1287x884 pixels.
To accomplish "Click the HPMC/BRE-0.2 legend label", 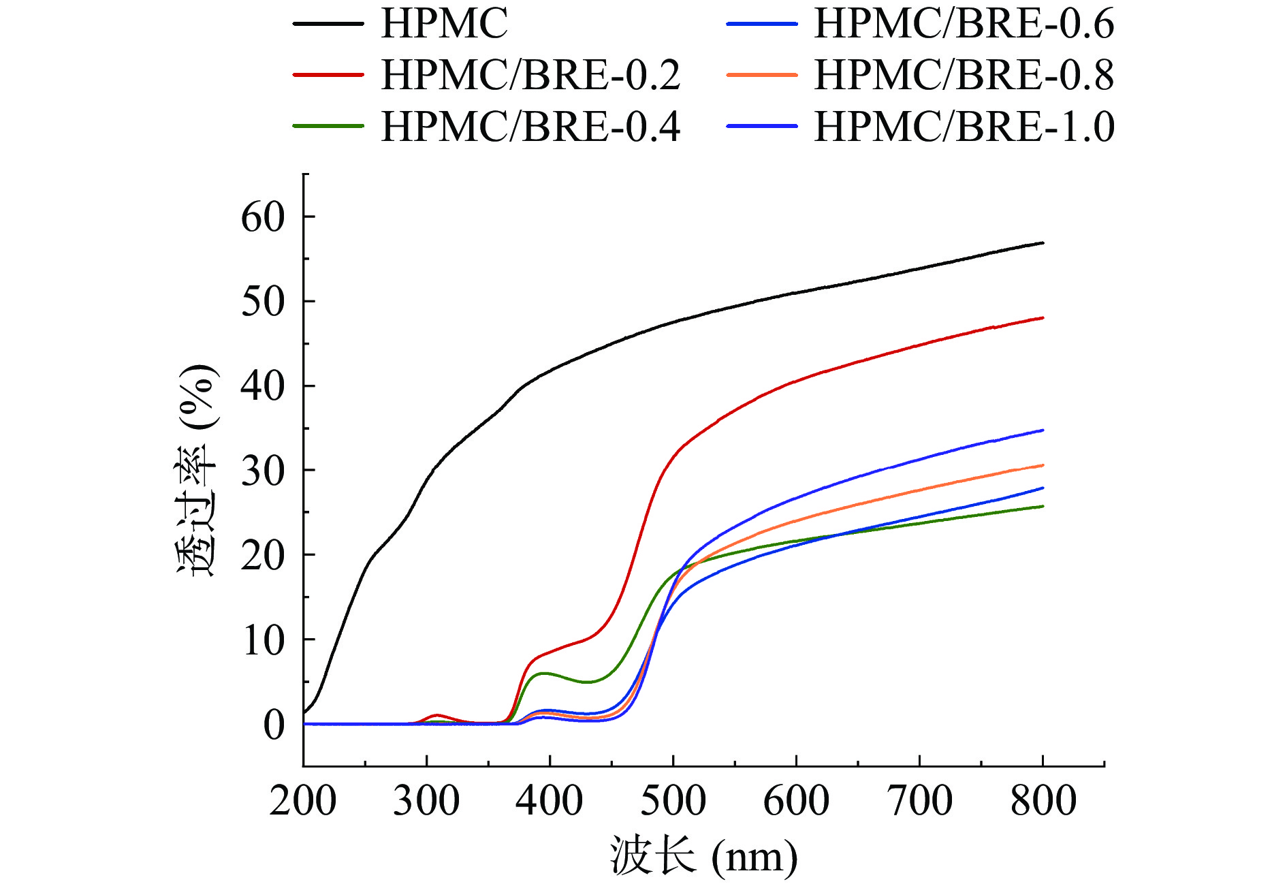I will click(530, 75).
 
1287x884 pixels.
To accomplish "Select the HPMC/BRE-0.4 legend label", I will click(530, 127).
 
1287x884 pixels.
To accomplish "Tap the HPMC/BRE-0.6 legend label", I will click(964, 24).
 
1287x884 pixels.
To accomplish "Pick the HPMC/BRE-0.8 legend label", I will click(964, 75).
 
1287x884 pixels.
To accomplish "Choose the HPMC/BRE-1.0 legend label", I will click(964, 127).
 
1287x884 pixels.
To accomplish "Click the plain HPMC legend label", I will click(445, 24).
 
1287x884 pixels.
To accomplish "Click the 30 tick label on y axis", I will click(263, 471).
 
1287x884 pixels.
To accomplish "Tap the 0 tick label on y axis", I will click(274, 725).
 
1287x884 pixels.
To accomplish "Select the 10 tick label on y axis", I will click(263, 640).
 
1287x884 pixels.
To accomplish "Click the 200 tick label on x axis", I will click(303, 800).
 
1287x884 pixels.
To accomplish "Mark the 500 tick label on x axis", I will click(673, 800).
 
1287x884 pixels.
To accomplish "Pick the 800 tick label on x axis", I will click(1043, 800).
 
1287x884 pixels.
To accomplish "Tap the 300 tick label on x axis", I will click(426, 800).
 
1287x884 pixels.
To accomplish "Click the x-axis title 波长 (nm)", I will click(703, 855).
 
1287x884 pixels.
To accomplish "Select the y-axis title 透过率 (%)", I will click(197, 470).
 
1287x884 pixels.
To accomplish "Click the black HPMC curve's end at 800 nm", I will click(1043, 243).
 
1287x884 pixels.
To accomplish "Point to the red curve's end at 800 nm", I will click(1043, 318).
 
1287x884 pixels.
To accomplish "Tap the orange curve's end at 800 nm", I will click(1043, 465).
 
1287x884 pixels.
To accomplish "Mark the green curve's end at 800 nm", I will click(1043, 506).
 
